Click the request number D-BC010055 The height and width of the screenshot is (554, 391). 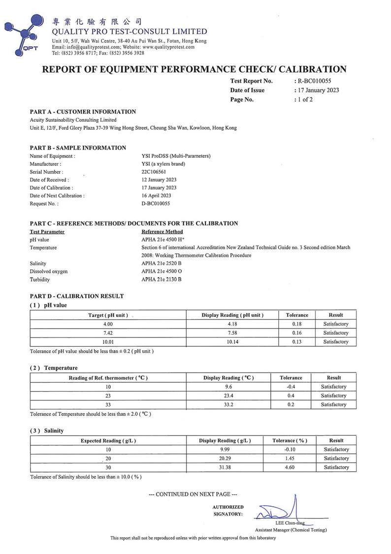(x=156, y=203)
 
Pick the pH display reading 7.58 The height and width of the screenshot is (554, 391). (x=232, y=333)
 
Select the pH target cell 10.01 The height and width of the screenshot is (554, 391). (x=108, y=342)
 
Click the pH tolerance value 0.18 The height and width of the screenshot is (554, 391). (x=297, y=324)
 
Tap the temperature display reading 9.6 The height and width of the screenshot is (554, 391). (x=228, y=387)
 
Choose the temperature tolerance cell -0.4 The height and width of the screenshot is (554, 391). (x=291, y=387)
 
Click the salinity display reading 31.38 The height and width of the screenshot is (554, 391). (x=225, y=467)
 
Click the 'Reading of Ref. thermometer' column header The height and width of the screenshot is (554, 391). (x=108, y=378)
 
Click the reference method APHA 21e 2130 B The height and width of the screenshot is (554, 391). (x=162, y=280)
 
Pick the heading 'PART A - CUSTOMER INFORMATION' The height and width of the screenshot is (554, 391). (x=83, y=112)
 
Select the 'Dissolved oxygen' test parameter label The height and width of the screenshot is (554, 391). (x=49, y=272)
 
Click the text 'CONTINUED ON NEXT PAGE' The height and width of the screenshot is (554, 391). (x=193, y=494)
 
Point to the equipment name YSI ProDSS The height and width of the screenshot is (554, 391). (x=176, y=156)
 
